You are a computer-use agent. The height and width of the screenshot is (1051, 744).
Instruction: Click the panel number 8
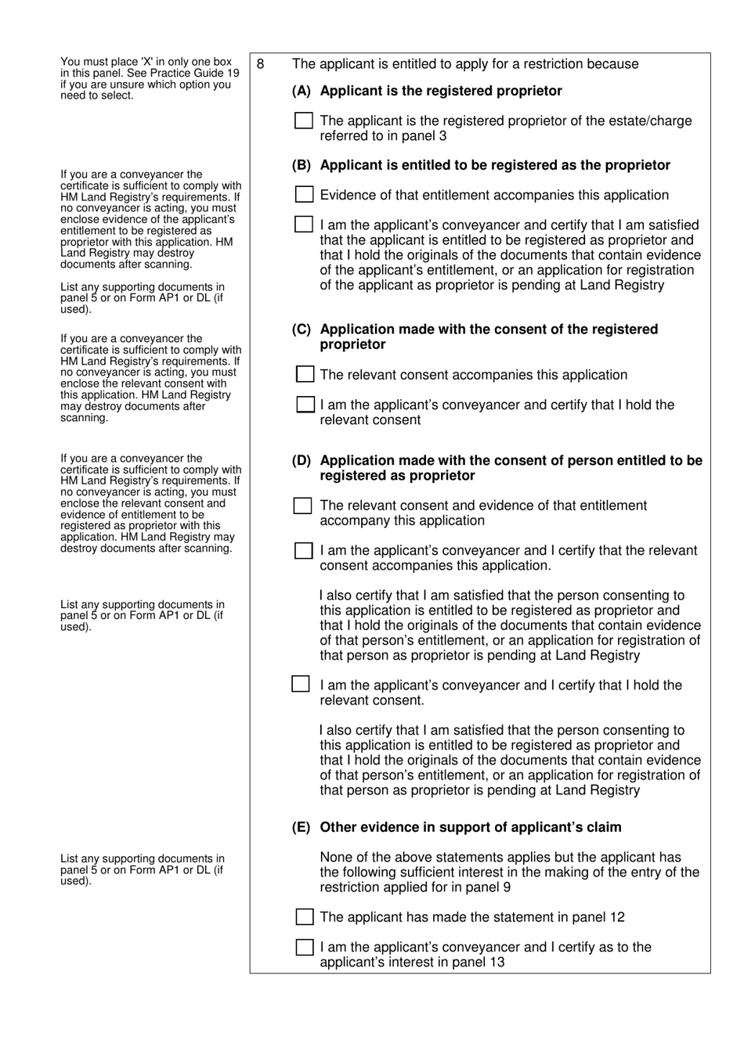(261, 64)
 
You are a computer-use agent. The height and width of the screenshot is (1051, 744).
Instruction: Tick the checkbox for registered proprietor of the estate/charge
(303, 121)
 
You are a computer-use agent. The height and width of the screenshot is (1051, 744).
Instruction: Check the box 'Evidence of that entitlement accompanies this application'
(304, 194)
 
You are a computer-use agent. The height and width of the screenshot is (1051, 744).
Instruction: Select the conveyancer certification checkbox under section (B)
(303, 225)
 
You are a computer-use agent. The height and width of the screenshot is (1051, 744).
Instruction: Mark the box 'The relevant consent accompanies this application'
(305, 374)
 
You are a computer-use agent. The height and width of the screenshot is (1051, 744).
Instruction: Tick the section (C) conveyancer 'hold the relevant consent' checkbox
(305, 405)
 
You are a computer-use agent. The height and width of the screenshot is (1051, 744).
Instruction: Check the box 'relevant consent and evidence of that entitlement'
(302, 506)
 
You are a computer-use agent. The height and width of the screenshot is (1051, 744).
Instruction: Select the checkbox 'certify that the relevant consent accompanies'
(303, 551)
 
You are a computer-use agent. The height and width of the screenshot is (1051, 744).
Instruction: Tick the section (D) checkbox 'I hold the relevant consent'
(301, 684)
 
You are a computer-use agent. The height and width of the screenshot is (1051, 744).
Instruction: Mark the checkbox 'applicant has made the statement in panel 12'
(305, 916)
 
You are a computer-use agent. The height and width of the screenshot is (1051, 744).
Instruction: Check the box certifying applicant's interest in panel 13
(305, 947)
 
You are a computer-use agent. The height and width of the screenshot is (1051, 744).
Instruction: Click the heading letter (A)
(302, 91)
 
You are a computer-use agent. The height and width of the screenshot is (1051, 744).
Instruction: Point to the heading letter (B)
(302, 165)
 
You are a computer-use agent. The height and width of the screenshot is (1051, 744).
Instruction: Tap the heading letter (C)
(302, 329)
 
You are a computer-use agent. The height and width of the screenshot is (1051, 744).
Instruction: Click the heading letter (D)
(302, 461)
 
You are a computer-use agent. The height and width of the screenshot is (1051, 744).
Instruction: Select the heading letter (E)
(302, 827)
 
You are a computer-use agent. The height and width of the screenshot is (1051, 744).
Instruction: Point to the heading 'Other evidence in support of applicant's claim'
(470, 827)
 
